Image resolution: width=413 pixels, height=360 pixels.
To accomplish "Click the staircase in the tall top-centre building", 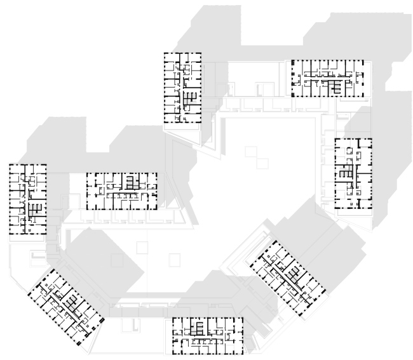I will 188,98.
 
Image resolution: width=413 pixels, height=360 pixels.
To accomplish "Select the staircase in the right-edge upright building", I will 345,171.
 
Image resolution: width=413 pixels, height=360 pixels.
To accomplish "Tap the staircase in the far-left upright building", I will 34,209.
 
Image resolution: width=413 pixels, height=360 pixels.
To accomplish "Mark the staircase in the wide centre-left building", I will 132,183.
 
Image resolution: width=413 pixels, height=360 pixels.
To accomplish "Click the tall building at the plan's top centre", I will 183,88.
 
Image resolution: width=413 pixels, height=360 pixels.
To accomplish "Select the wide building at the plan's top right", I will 328,78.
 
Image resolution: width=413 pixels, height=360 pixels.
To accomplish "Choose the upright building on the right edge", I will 353,174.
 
